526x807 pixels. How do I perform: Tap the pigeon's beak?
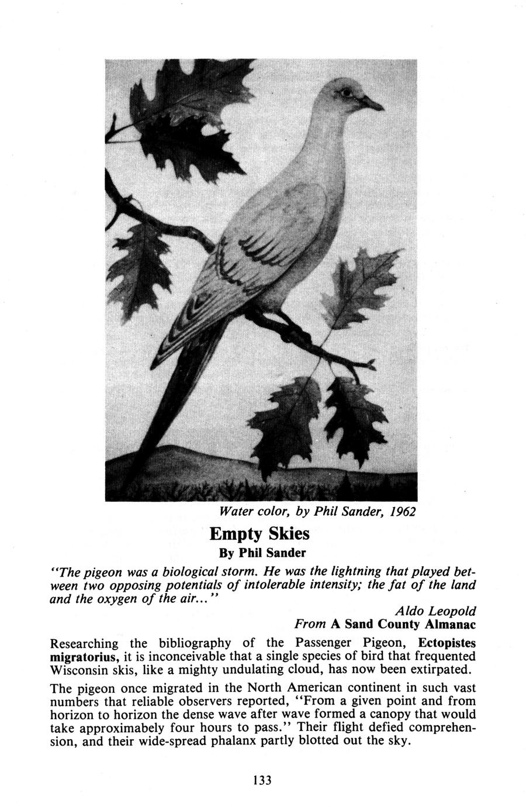click(375, 105)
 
